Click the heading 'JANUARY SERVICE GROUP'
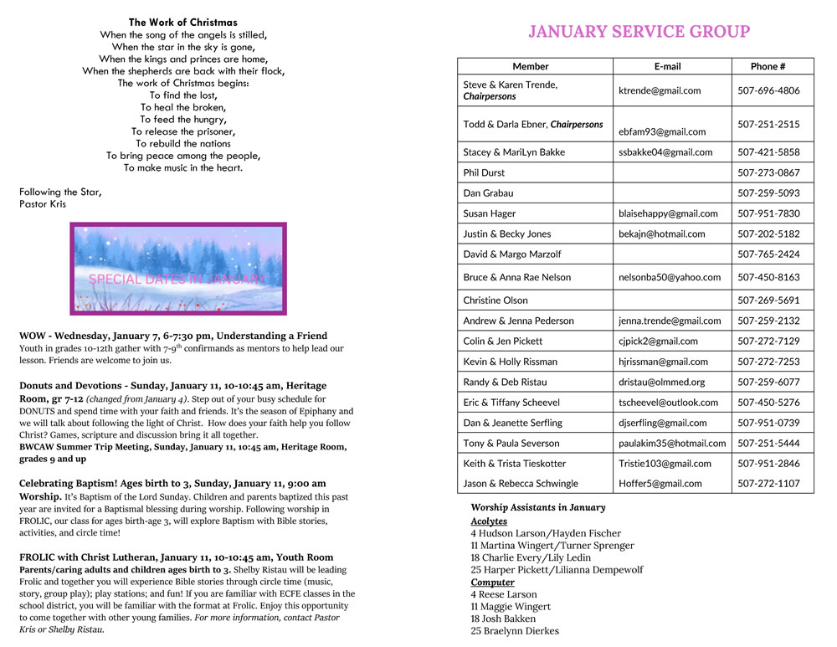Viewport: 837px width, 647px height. (639, 32)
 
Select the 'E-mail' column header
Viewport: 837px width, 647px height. (667, 66)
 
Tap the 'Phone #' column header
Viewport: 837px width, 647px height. (768, 66)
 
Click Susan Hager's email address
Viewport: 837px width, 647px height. (668, 213)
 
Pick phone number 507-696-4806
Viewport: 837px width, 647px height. (768, 90)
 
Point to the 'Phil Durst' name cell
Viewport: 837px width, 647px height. (484, 172)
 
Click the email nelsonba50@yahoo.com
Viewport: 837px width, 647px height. (670, 277)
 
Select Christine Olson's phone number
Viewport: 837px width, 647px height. (768, 300)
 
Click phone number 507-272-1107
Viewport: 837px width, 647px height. (768, 483)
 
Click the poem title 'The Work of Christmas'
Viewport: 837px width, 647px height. (182, 23)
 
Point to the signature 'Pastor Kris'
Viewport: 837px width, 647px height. (42, 203)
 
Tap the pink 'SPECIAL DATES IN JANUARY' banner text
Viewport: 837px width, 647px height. (177, 279)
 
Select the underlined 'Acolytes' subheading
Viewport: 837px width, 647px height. (489, 521)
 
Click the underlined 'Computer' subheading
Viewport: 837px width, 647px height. (492, 582)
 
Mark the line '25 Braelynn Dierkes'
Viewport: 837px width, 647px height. (514, 630)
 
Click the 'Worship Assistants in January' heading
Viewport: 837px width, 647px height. (537, 507)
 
